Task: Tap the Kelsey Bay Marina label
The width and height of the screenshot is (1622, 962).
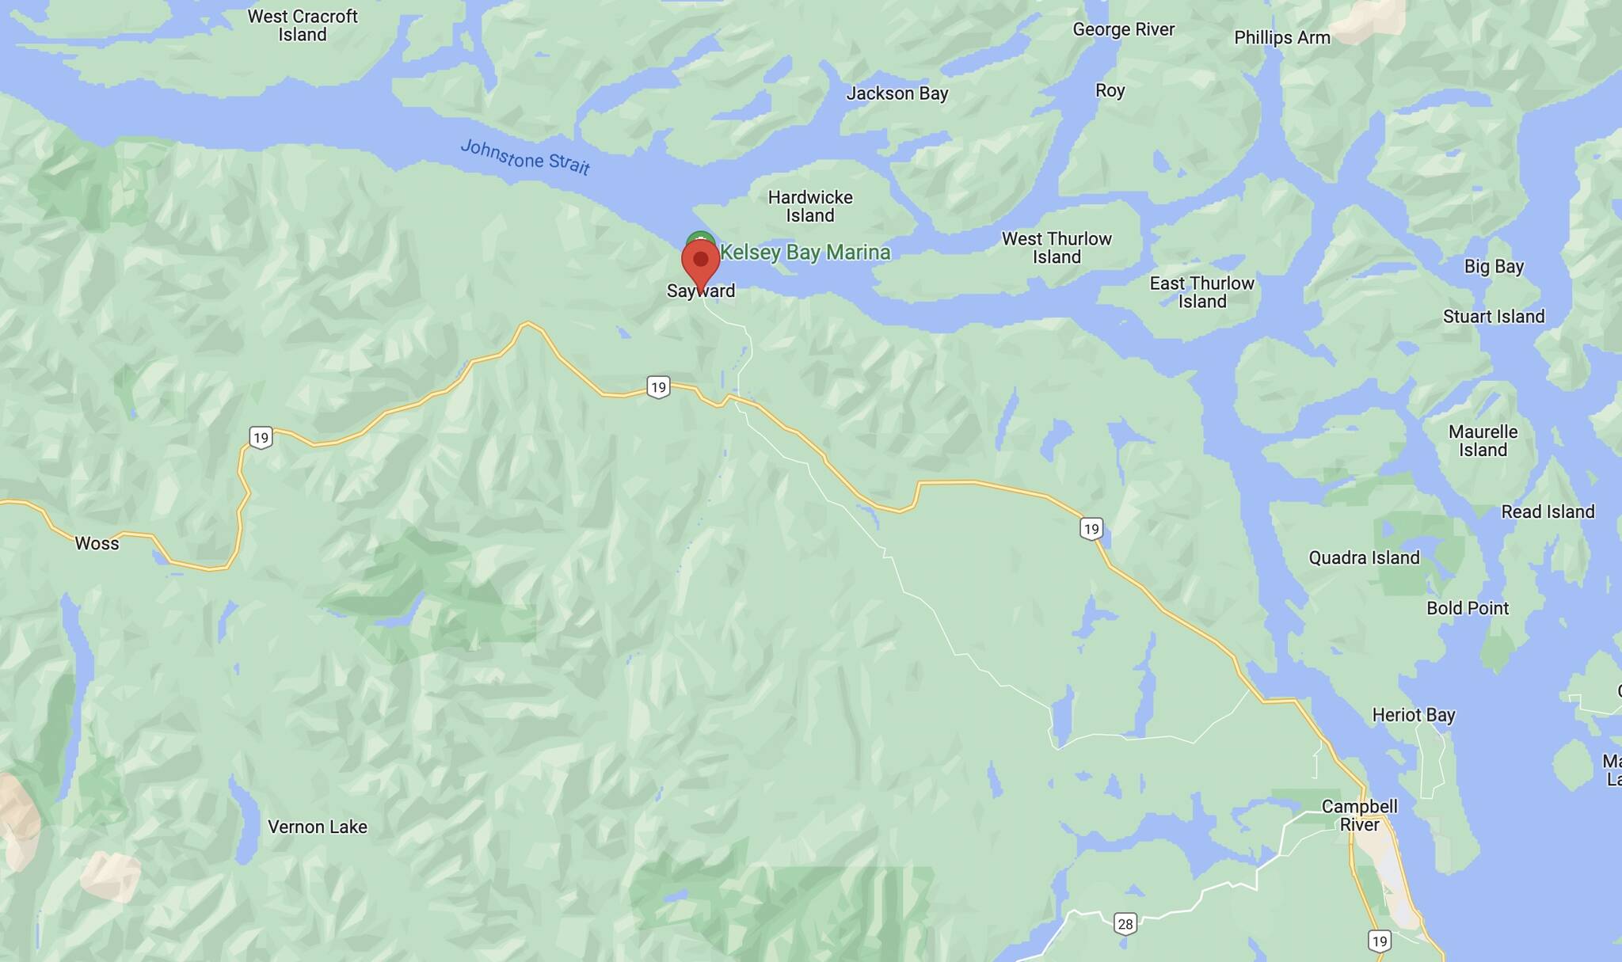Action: click(x=805, y=253)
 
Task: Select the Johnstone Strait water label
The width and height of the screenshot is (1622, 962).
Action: click(x=525, y=157)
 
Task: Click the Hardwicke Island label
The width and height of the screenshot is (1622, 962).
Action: click(x=810, y=206)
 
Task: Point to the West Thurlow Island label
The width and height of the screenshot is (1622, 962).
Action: click(x=1057, y=248)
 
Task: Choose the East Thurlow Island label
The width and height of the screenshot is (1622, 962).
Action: click(x=1201, y=292)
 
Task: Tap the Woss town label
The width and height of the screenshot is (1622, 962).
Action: click(x=97, y=543)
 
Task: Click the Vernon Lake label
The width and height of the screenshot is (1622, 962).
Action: click(x=317, y=827)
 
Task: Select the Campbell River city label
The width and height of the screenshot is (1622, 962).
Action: click(x=1359, y=816)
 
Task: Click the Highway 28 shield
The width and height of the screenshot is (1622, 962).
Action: click(x=1125, y=923)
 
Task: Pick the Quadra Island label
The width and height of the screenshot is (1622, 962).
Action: click(x=1364, y=557)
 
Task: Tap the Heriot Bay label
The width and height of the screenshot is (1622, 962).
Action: click(x=1413, y=715)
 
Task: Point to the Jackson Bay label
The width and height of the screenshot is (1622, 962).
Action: click(x=897, y=93)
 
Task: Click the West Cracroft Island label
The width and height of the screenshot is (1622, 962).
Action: click(x=303, y=25)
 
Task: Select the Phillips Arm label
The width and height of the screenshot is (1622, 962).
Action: click(x=1281, y=38)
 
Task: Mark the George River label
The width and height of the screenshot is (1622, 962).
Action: click(x=1123, y=29)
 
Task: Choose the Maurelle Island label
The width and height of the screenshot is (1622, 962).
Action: click(x=1483, y=441)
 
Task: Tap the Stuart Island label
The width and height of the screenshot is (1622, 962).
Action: click(x=1493, y=317)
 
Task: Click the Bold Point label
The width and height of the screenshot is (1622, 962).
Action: click(x=1467, y=608)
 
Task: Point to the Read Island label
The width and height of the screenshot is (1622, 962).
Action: click(x=1548, y=511)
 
